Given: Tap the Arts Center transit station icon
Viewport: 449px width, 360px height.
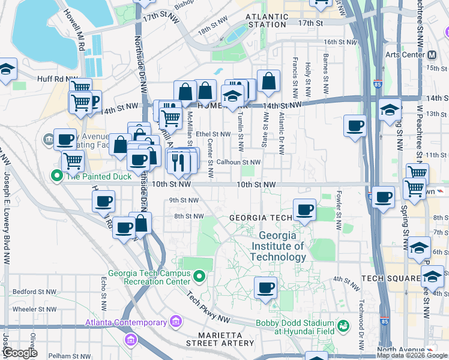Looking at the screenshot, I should coord(432,55).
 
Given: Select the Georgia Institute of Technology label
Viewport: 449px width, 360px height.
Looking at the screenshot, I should coord(278,246).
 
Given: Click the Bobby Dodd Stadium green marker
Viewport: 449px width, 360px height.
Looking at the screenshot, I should coord(343,326).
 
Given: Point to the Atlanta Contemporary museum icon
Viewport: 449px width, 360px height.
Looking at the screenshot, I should coord(176,321).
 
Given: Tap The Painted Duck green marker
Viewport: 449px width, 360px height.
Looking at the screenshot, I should coord(57,176).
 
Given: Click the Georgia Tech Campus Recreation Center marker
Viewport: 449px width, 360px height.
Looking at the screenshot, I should coord(200,277).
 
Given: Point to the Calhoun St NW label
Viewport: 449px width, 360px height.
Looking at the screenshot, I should coord(238,162).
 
